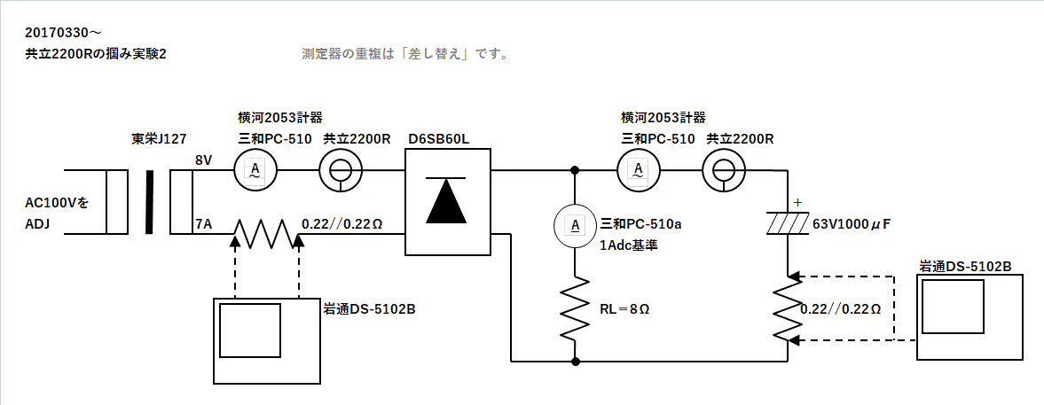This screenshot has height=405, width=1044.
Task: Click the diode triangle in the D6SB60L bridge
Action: [x=449, y=202]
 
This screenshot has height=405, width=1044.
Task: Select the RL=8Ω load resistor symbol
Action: [x=576, y=308]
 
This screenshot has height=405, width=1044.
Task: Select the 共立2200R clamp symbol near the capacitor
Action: [x=723, y=169]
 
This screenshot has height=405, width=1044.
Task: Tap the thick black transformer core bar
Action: [x=149, y=201]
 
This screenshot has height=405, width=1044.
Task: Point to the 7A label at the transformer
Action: [x=203, y=225]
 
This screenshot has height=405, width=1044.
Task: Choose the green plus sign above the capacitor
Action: [x=797, y=203]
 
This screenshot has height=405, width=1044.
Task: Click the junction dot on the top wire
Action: [x=576, y=169]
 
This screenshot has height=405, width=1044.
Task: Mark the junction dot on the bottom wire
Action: [x=576, y=362]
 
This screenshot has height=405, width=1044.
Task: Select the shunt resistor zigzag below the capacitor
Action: [x=788, y=308]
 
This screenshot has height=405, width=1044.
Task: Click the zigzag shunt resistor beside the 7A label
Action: [x=263, y=234]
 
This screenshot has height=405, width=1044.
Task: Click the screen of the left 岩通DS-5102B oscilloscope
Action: [x=250, y=330]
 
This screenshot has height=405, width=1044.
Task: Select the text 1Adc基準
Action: [x=629, y=245]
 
